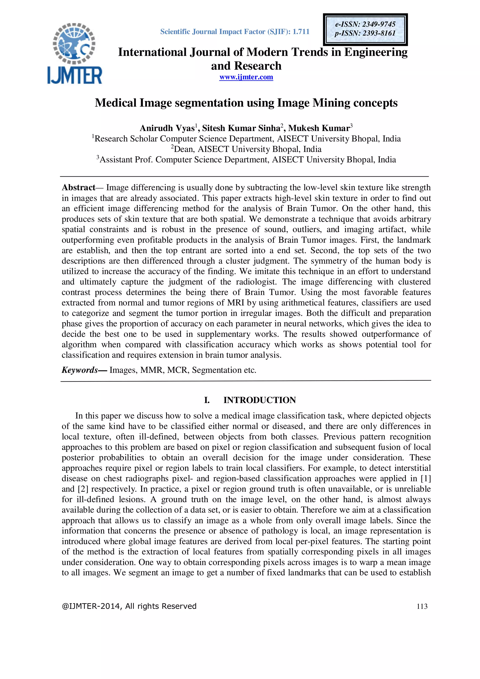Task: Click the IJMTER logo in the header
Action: [75, 53]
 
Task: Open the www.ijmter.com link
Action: [246, 77]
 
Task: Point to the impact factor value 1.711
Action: [301, 32]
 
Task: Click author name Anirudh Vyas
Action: [167, 128]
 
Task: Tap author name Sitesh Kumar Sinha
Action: [241, 128]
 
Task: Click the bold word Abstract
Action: [78, 188]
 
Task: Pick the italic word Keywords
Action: [79, 370]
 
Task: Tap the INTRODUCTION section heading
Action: [259, 400]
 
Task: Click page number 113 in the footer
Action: [422, 606]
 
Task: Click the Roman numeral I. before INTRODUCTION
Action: [207, 400]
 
